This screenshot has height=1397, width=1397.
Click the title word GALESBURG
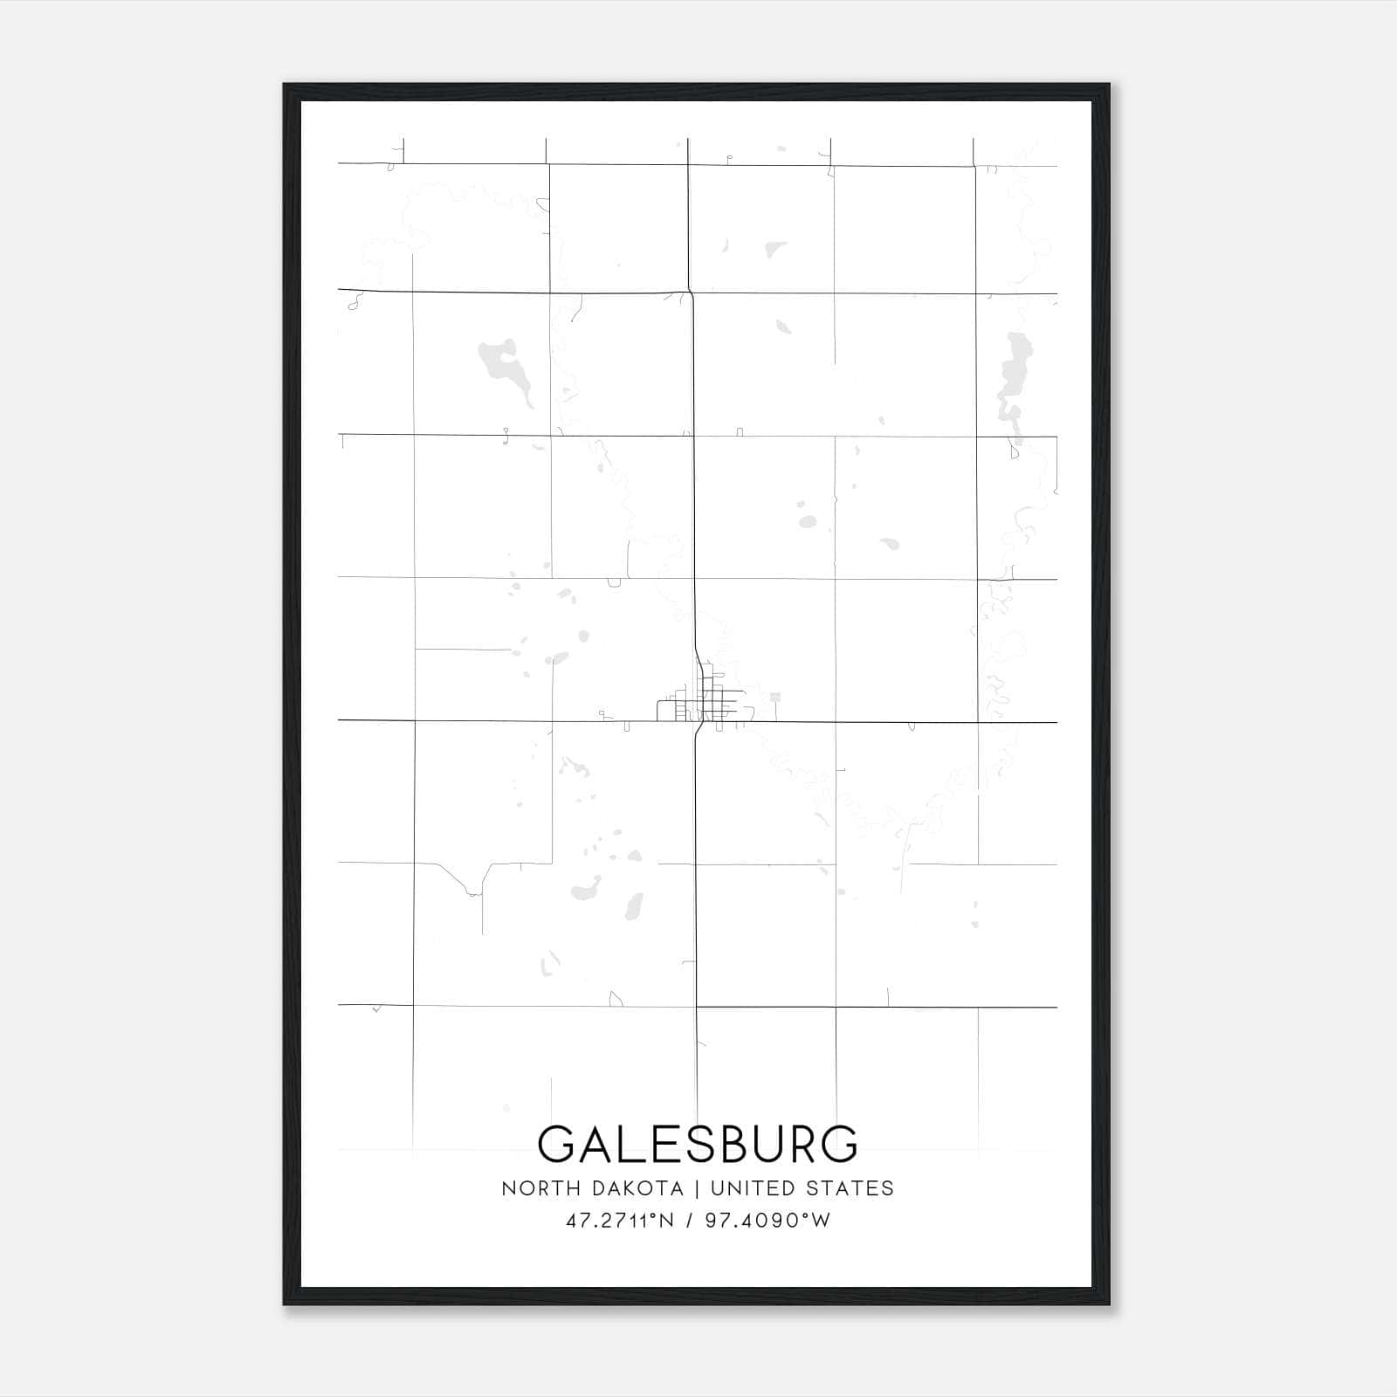(698, 1144)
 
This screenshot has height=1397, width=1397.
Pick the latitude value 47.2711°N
(620, 1221)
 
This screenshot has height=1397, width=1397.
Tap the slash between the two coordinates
(690, 1221)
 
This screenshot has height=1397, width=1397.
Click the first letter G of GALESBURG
(556, 1144)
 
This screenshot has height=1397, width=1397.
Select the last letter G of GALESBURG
(839, 1144)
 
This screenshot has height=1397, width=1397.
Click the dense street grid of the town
(704, 703)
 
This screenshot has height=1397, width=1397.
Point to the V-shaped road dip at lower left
(472, 889)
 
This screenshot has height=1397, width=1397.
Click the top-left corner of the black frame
(285, 85)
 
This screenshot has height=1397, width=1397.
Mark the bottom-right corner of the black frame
(1109, 1304)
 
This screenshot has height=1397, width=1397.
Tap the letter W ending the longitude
(821, 1221)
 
